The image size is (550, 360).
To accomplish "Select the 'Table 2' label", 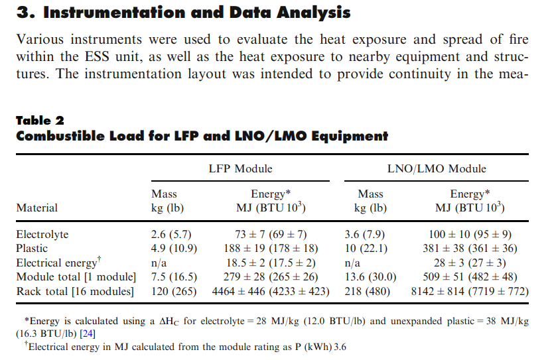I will (40, 120).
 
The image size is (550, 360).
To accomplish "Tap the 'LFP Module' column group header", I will (240, 168).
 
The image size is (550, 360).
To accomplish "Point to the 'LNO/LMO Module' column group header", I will (437, 168).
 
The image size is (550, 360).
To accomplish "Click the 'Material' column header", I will (37, 208).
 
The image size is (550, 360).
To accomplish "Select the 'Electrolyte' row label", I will (42, 234).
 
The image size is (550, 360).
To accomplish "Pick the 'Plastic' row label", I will (33, 249).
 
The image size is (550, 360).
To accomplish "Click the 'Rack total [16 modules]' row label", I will (74, 290).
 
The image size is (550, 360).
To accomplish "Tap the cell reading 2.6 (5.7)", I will (174, 234).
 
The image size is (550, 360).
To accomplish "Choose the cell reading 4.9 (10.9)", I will (174, 249).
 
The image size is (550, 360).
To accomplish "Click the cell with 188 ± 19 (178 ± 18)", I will (271, 249).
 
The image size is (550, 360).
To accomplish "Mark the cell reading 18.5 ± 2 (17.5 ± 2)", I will (271, 263).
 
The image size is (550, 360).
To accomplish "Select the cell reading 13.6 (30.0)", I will (371, 276).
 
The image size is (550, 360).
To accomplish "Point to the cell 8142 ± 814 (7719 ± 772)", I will (470, 290).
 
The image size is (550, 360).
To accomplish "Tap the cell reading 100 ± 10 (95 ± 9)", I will (470, 234).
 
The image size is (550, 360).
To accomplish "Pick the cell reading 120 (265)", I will (174, 290).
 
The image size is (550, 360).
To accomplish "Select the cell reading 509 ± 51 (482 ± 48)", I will (470, 276).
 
